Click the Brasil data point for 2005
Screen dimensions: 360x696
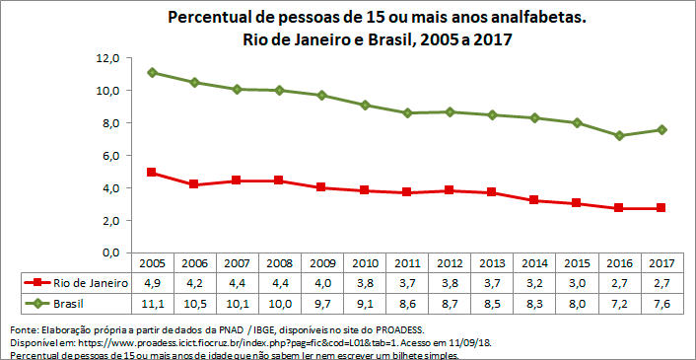pyautogui.click(x=152, y=72)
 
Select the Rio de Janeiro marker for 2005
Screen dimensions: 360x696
pyautogui.click(x=152, y=173)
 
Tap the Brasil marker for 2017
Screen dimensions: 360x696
pyautogui.click(x=661, y=129)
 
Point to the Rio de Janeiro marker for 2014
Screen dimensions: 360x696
pyautogui.click(x=534, y=200)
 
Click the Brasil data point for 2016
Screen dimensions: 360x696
pyautogui.click(x=619, y=136)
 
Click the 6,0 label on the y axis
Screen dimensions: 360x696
pyautogui.click(x=109, y=156)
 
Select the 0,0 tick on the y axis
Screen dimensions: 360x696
pyautogui.click(x=109, y=252)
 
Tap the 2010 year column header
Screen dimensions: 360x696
pyautogui.click(x=365, y=264)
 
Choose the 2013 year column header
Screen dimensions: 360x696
pyautogui.click(x=492, y=264)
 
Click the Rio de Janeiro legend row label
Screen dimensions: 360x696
pyautogui.click(x=89, y=282)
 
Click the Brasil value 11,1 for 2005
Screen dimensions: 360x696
pyautogui.click(x=152, y=301)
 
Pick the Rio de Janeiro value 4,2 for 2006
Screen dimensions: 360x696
pyautogui.click(x=194, y=282)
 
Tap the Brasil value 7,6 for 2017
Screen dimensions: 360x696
pyautogui.click(x=661, y=301)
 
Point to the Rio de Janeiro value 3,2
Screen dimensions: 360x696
pyautogui.click(x=534, y=282)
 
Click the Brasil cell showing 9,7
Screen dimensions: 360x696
pyautogui.click(x=322, y=301)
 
